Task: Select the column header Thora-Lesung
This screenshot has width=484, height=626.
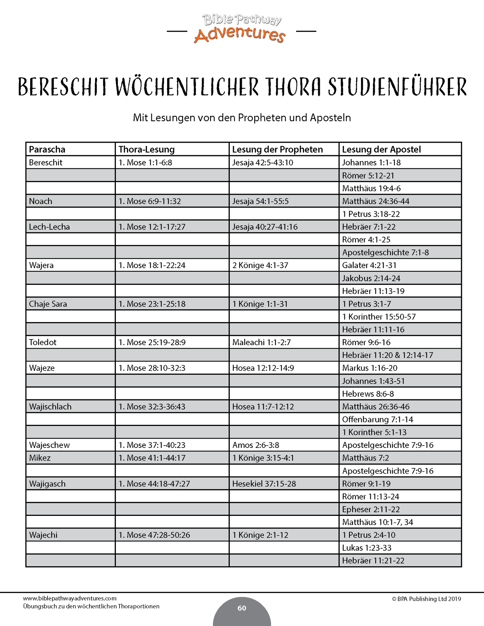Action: pos(146,149)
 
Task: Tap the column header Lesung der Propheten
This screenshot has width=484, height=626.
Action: pos(277,149)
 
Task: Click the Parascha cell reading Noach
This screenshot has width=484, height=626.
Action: pos(41,201)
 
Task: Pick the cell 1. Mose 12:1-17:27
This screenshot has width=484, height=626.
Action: pos(152,227)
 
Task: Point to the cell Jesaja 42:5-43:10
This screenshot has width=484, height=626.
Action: pos(263,163)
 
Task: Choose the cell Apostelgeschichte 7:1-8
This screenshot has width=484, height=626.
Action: pos(385,252)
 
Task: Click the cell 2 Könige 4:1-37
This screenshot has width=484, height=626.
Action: pos(260,265)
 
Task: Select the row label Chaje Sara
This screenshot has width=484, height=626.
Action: pos(48,304)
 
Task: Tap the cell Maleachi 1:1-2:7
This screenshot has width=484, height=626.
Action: pos(262,342)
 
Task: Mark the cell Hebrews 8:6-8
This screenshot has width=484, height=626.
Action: pos(368,394)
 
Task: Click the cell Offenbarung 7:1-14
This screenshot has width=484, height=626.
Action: pos(377,419)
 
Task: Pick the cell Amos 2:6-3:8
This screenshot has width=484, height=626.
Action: pos(256,445)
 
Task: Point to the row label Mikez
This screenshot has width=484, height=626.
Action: pos(40,458)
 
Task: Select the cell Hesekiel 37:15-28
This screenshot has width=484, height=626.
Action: pos(264,484)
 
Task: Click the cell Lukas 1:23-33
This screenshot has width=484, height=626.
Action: pos(366,548)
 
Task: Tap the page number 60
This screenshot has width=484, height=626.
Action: pos(242,608)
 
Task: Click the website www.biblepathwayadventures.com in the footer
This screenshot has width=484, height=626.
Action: pos(70,599)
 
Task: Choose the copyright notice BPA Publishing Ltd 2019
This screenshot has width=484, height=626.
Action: pos(426,599)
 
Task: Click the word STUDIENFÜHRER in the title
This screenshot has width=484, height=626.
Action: pos(397,87)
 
